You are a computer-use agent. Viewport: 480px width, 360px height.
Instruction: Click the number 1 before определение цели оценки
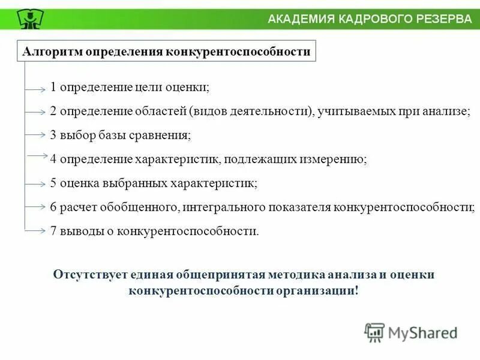pos(53,88)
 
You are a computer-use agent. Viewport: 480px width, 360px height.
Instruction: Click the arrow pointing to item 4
pos(37,157)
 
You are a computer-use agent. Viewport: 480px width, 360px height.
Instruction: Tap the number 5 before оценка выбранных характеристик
pos(53,183)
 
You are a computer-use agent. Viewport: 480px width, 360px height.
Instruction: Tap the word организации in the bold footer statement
pos(317,290)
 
